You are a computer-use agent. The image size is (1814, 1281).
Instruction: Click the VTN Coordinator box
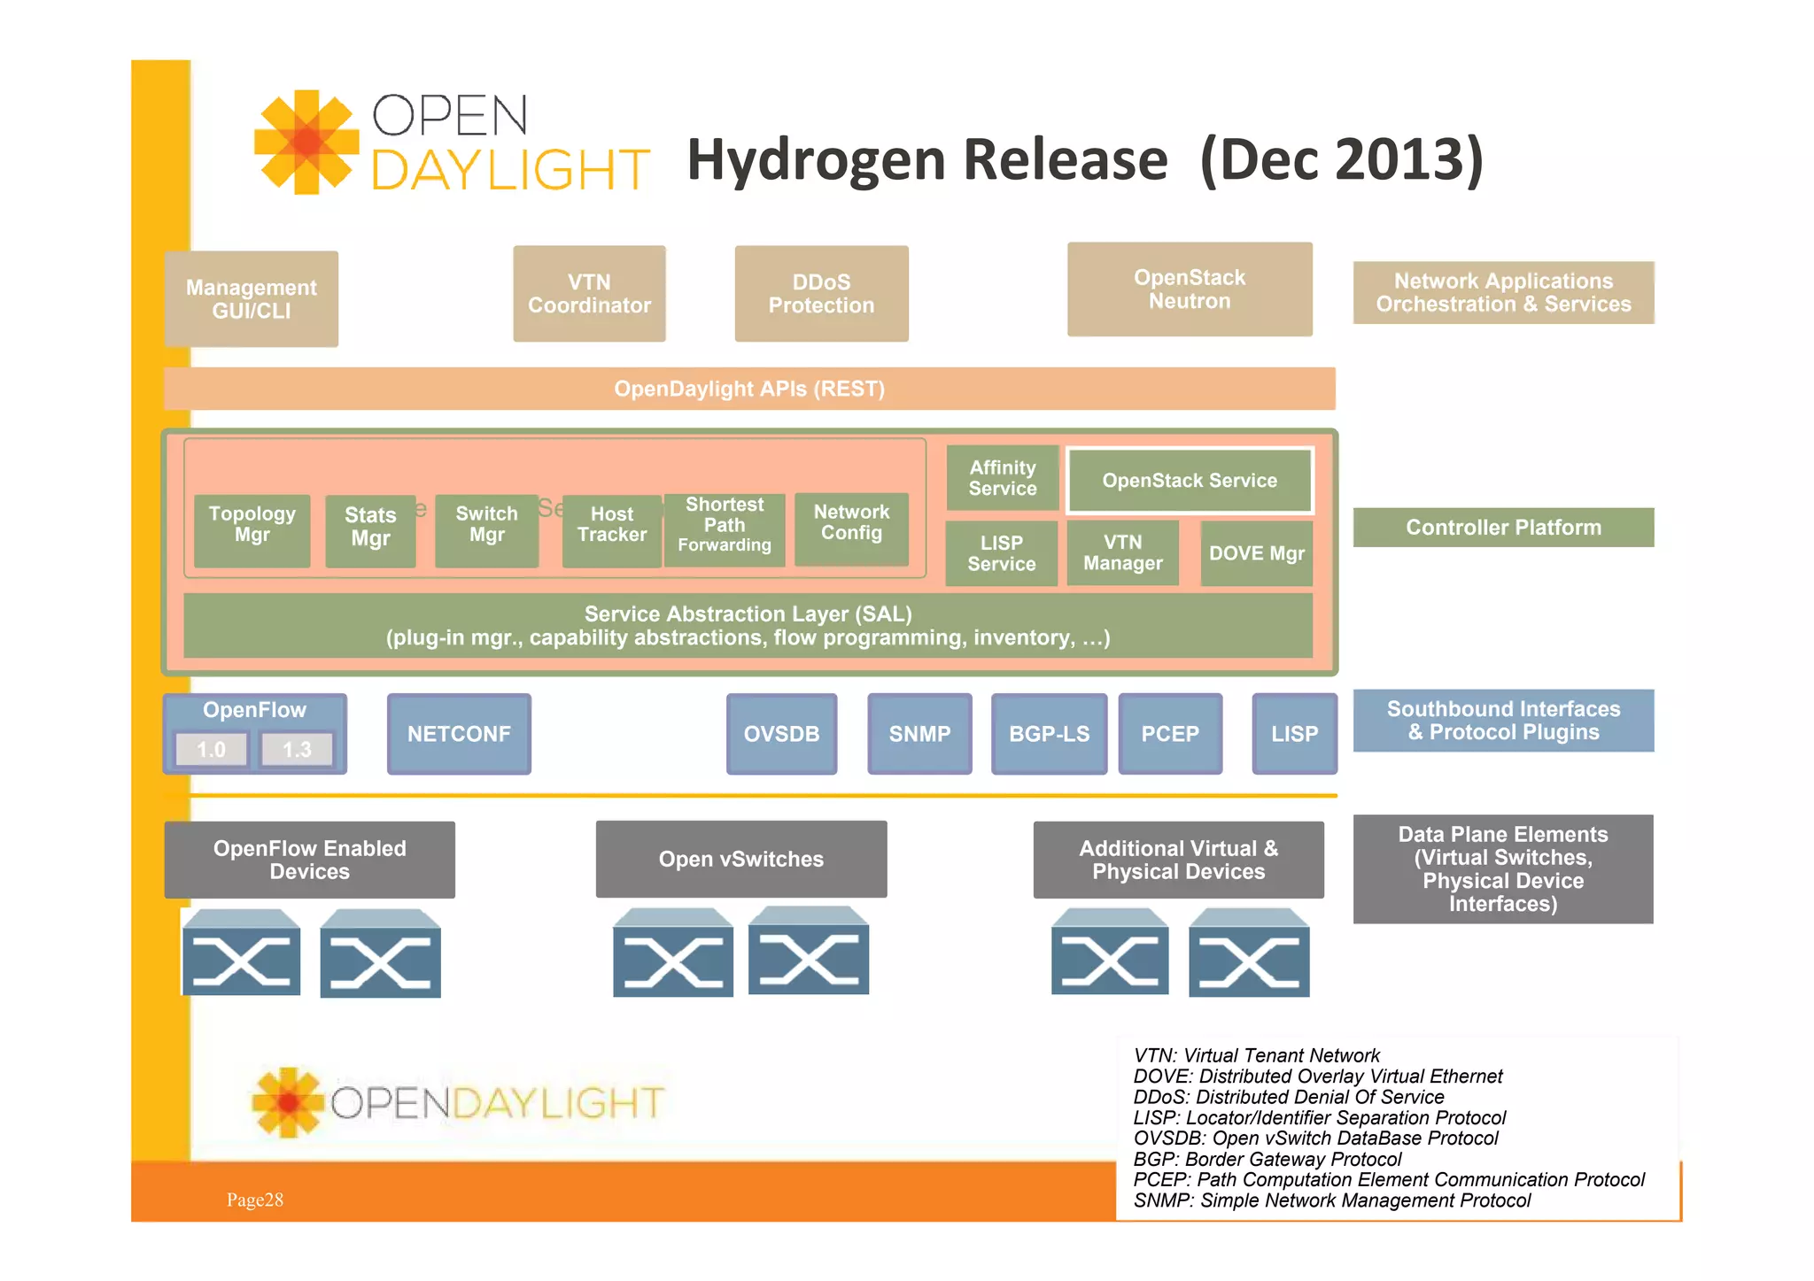(x=589, y=294)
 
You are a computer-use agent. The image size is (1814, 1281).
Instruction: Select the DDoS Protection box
(x=821, y=294)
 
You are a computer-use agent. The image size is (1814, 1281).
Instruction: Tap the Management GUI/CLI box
(x=251, y=299)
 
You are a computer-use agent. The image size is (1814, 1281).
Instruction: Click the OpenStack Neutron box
(x=1189, y=289)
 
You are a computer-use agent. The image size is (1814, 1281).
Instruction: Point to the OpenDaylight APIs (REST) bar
(x=749, y=389)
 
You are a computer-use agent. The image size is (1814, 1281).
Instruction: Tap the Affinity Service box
(x=1002, y=478)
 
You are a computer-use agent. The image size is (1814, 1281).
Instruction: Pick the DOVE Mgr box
(x=1256, y=553)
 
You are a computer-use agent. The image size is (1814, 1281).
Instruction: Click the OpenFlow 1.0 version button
(x=211, y=750)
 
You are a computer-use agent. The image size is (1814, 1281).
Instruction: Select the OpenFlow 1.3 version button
(x=297, y=750)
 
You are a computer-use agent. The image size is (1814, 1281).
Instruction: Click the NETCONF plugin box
(x=459, y=734)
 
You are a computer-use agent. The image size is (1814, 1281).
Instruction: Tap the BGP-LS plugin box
(x=1049, y=734)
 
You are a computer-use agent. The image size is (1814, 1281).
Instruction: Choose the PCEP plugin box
(x=1169, y=734)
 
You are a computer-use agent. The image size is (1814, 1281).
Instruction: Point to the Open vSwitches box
(x=740, y=859)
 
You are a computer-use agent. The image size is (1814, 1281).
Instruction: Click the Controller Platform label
(x=1503, y=528)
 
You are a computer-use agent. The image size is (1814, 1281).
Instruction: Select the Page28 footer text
(x=255, y=1200)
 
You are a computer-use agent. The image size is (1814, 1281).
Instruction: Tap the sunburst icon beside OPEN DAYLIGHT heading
(x=306, y=142)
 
